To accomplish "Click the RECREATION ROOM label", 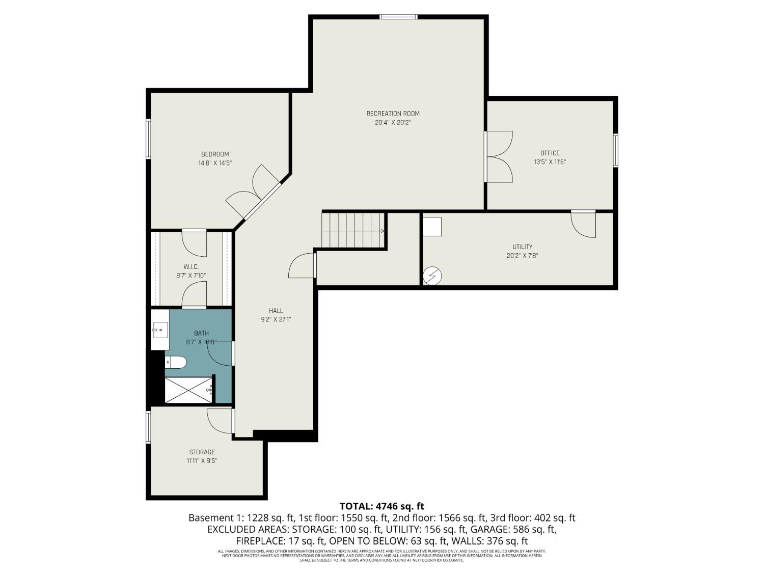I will click(393, 114).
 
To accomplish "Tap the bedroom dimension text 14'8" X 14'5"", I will click(215, 163).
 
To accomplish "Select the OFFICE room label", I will click(550, 153).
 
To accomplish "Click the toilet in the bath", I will click(176, 362).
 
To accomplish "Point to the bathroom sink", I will click(159, 330).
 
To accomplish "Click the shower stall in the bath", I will click(188, 390).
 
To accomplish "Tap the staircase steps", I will click(352, 230).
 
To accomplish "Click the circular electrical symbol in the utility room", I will click(432, 276).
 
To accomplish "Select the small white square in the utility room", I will click(432, 227).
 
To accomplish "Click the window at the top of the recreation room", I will click(398, 17).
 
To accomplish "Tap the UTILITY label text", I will click(522, 247).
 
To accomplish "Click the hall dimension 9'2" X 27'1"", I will click(276, 320).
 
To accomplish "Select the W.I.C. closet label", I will click(191, 267).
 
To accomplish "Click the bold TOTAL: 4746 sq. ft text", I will click(381, 506).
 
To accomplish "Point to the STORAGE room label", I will click(202, 452).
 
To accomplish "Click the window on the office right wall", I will click(615, 150).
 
